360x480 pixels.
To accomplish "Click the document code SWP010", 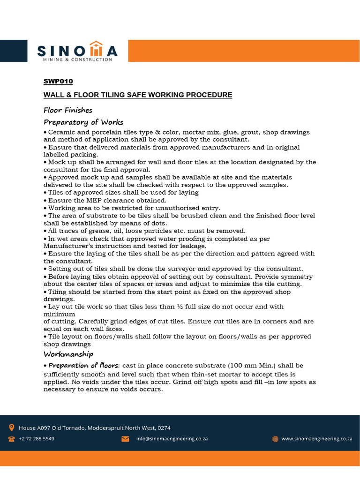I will [58, 81].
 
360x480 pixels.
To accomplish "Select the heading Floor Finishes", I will [68, 110].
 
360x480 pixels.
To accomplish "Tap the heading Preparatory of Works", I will [83, 122].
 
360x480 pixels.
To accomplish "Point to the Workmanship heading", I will [68, 354].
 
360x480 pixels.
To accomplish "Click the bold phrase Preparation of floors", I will [84, 365].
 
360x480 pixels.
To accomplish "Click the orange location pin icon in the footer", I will [11, 427].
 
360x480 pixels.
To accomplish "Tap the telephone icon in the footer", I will [11, 439].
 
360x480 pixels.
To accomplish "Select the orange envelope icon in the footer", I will [125, 439].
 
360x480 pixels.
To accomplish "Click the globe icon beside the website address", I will [275, 439].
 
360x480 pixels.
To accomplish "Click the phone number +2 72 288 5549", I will [37, 439].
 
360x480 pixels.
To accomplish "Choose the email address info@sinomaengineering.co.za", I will [172, 439].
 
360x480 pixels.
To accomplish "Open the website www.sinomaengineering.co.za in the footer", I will [317, 439].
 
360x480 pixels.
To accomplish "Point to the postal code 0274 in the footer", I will [164, 427].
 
